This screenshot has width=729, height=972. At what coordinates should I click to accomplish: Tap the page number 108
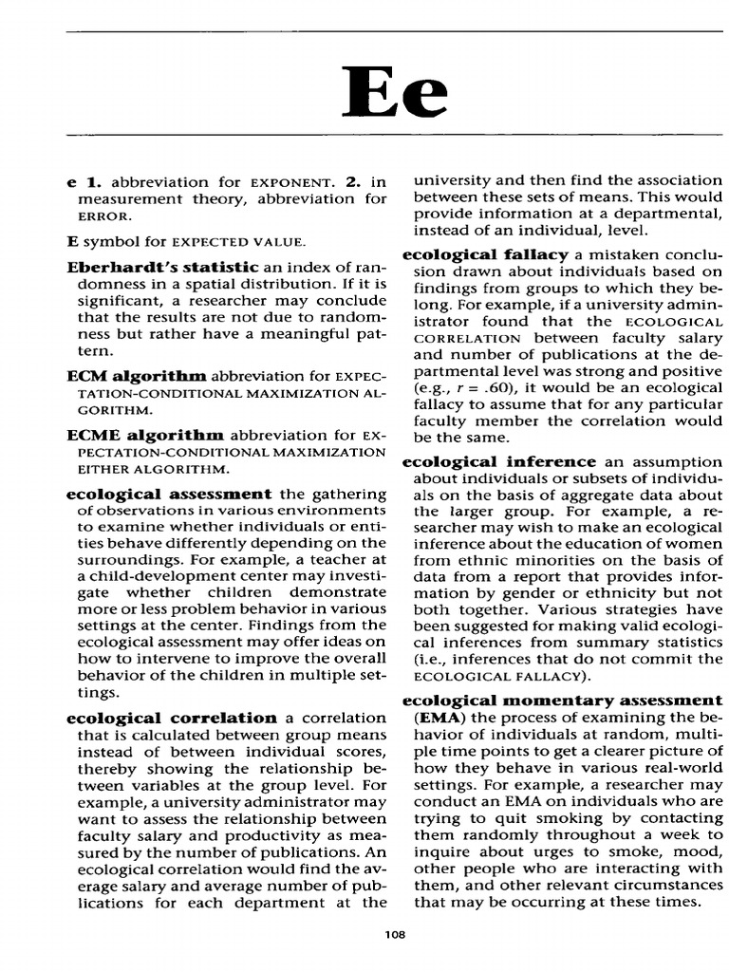pos(395,935)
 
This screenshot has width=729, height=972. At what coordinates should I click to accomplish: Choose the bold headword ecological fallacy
pos(485,254)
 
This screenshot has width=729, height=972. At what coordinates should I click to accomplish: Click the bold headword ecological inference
pos(499,461)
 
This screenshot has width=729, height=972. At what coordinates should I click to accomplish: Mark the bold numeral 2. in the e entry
pos(353,180)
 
